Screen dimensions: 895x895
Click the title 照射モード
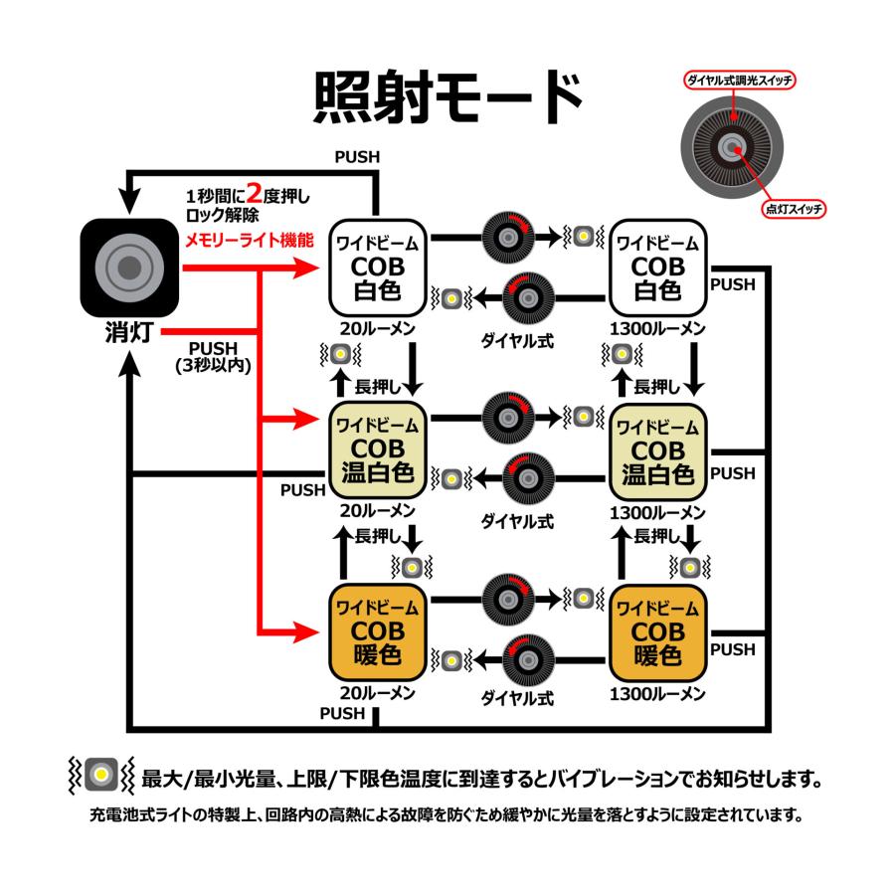pyautogui.click(x=447, y=96)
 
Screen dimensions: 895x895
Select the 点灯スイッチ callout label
pyautogui.click(x=795, y=209)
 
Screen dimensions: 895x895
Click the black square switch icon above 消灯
pyautogui.click(x=129, y=265)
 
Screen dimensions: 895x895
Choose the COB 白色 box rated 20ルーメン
pyautogui.click(x=378, y=266)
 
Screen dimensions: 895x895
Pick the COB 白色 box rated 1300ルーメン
pyautogui.click(x=657, y=266)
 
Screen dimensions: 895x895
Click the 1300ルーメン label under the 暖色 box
pyautogui.click(x=657, y=694)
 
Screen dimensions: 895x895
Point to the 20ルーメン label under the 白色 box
pyautogui.click(x=378, y=328)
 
